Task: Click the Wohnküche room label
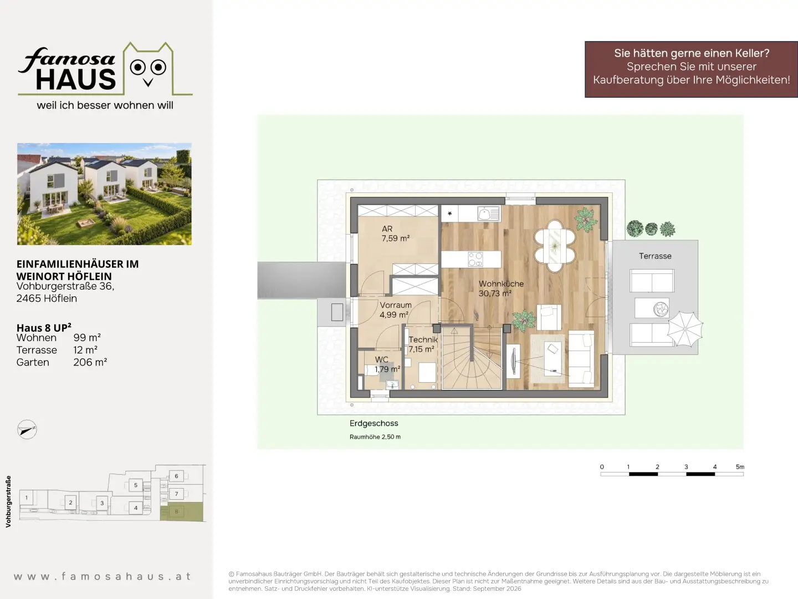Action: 501,283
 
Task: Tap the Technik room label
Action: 423,339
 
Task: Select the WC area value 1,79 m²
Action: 387,369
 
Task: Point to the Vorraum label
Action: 396,305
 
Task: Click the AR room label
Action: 387,229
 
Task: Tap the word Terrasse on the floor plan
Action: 655,256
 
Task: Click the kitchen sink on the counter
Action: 489,214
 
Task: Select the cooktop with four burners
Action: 475,260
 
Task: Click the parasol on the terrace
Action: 685,329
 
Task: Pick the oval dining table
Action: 555,246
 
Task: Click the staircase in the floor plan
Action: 472,358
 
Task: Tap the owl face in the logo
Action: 148,69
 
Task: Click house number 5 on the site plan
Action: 136,485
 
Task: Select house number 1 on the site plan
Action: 26,498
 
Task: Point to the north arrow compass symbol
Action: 27,429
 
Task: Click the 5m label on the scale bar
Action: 740,466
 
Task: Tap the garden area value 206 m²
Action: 90,362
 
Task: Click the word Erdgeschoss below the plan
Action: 374,423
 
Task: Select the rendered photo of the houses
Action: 104,194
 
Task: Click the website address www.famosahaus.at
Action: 103,576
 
